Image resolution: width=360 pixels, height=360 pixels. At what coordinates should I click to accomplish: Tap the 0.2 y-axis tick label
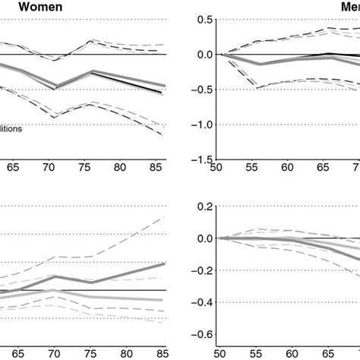click(x=200, y=206)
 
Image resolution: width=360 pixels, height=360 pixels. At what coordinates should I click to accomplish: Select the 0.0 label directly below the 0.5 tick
click(x=200, y=55)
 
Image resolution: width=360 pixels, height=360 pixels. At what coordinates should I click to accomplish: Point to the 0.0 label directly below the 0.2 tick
click(x=200, y=238)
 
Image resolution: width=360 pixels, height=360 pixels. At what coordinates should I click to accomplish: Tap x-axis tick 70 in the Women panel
click(x=54, y=171)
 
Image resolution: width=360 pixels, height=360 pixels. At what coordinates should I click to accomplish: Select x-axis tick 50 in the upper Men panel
click(x=217, y=171)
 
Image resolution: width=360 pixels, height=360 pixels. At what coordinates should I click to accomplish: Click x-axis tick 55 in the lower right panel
click(x=252, y=353)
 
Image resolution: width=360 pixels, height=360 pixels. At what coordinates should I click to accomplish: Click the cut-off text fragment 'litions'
click(x=11, y=129)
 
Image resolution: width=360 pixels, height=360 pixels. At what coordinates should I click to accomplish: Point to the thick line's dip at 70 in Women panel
click(x=54, y=88)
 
